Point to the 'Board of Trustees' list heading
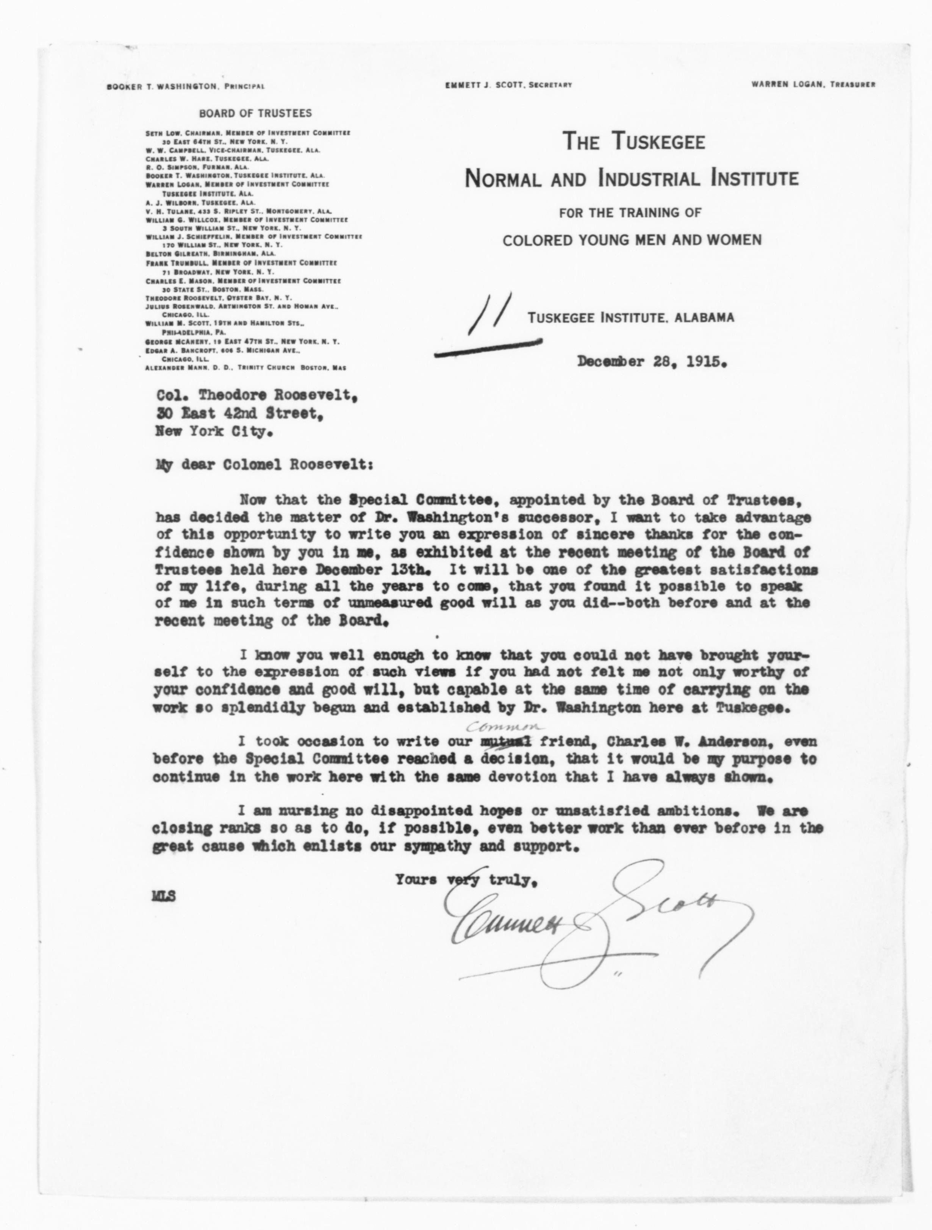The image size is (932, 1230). [x=255, y=113]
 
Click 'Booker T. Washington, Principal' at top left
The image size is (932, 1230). [x=185, y=86]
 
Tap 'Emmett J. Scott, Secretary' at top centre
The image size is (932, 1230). [x=508, y=85]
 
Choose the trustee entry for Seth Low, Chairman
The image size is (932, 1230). [x=247, y=133]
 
